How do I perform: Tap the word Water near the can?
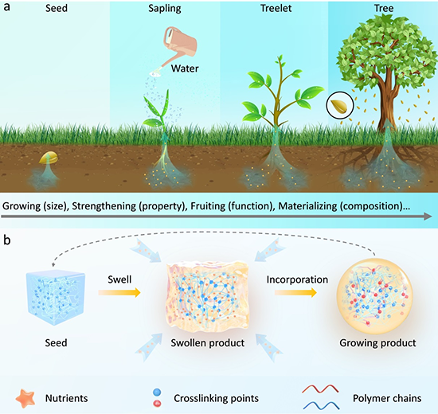(185, 68)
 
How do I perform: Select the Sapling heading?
(165, 9)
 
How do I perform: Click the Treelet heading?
(276, 8)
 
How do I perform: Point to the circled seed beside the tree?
(340, 106)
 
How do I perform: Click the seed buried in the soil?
(49, 158)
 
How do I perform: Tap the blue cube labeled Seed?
(55, 298)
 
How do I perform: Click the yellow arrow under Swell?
(119, 292)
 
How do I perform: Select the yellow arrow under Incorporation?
(295, 292)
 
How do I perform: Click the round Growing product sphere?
(375, 297)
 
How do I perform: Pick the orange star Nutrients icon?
(25, 398)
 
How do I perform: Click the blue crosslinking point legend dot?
(157, 393)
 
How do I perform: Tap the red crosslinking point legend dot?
(157, 404)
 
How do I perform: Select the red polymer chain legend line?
(320, 389)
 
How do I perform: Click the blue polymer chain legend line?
(321, 405)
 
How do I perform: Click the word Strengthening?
(104, 206)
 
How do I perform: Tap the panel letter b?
(6, 240)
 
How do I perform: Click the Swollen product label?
(208, 343)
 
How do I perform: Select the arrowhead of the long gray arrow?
(428, 216)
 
